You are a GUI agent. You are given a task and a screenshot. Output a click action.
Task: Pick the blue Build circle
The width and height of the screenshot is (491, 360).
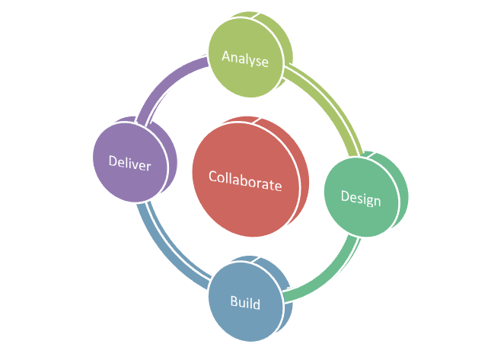(245, 303)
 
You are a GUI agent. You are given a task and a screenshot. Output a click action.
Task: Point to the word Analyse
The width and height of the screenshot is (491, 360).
(245, 59)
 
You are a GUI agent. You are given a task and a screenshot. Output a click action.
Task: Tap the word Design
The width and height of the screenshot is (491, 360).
(360, 198)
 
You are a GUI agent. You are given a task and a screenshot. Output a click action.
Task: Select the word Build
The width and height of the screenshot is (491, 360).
(245, 303)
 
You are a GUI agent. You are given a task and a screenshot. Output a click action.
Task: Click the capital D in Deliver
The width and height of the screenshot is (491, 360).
(113, 163)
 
